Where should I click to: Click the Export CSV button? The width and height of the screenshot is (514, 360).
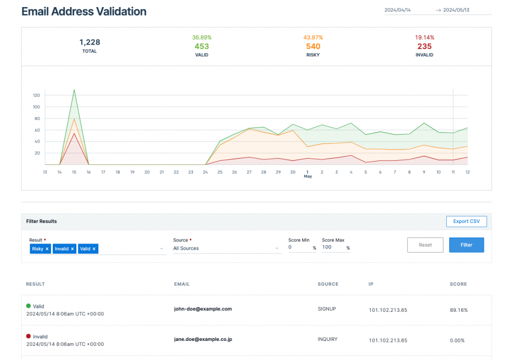[x=466, y=221]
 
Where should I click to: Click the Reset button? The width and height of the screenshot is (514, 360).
[x=425, y=245]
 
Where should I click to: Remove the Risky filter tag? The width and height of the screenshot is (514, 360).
[x=47, y=249]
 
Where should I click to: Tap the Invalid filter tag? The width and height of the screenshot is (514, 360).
[x=62, y=249]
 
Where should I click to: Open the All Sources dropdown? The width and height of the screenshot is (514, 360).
[x=226, y=248]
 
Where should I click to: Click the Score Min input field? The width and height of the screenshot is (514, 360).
[x=300, y=248]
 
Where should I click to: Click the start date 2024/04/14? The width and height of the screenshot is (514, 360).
[x=398, y=10]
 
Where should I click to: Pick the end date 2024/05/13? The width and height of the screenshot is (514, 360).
[x=459, y=10]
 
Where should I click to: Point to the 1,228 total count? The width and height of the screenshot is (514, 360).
[x=89, y=42]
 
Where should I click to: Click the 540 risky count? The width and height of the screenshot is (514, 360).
[x=313, y=47]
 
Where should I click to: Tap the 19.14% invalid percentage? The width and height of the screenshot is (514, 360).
[x=424, y=38]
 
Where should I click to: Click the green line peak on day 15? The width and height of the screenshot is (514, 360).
[x=74, y=90]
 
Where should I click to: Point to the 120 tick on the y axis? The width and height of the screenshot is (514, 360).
[x=36, y=95]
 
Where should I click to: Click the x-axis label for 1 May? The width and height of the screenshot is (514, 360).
[x=308, y=174]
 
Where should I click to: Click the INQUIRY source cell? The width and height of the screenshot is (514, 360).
[x=327, y=339]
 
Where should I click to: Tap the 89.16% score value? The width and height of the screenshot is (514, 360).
[x=459, y=310]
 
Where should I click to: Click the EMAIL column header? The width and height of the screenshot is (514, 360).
[x=182, y=284]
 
